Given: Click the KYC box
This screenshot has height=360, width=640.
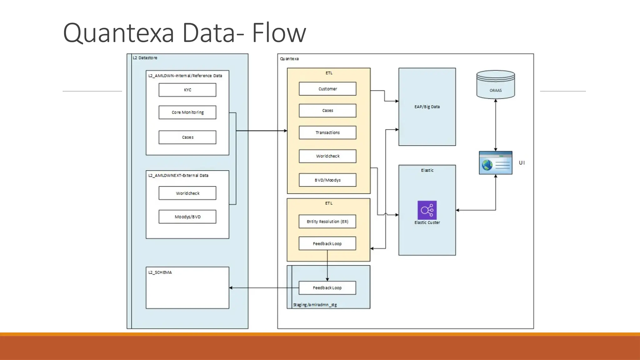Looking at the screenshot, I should pyautogui.click(x=187, y=90).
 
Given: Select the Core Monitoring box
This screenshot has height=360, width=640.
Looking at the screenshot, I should pyautogui.click(x=187, y=112).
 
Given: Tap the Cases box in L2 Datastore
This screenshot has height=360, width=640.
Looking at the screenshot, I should pyautogui.click(x=187, y=137).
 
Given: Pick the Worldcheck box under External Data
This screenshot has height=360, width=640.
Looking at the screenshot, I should pyautogui.click(x=187, y=193).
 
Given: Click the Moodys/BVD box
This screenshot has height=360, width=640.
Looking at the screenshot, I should pyautogui.click(x=187, y=217).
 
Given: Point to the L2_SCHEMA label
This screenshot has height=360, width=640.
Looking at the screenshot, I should pyautogui.click(x=160, y=272).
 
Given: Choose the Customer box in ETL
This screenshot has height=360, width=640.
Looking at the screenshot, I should pyautogui.click(x=327, y=89).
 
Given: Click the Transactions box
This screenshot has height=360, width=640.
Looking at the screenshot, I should pyautogui.click(x=327, y=132).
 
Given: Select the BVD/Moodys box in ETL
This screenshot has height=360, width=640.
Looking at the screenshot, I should pyautogui.click(x=327, y=180).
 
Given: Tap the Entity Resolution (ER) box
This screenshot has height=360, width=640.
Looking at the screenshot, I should pyautogui.click(x=327, y=222).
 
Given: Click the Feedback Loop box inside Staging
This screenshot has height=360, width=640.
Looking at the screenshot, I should pyautogui.click(x=327, y=288).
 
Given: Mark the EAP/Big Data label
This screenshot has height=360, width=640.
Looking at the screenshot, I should pyautogui.click(x=427, y=107).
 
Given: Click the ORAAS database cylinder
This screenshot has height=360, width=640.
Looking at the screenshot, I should pyautogui.click(x=496, y=84).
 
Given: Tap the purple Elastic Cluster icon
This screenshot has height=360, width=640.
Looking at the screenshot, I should pyautogui.click(x=427, y=210).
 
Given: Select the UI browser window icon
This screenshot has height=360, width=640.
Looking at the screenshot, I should pyautogui.click(x=496, y=163).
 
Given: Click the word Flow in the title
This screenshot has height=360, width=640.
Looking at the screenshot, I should pyautogui.click(x=279, y=33).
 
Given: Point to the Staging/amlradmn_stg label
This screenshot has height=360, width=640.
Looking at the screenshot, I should pyautogui.click(x=315, y=305).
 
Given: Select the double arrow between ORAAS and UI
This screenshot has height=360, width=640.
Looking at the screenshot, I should pyautogui.click(x=496, y=125).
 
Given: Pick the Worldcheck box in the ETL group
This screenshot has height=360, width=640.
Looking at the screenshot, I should pyautogui.click(x=327, y=156).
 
